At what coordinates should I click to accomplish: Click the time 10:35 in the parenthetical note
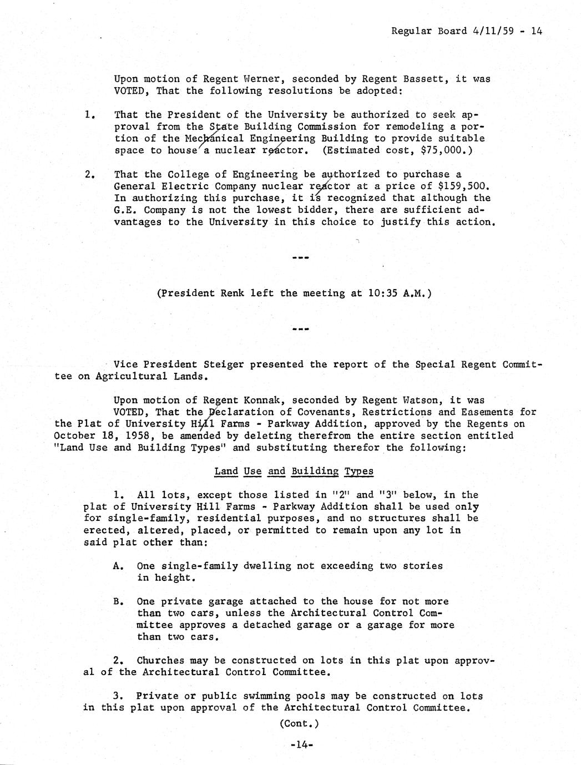coord(382,293)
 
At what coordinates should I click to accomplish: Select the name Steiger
coord(223,364)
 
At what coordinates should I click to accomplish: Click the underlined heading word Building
coord(315,472)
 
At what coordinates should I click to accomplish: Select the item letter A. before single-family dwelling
coord(118,566)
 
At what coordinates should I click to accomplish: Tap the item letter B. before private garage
coord(118,601)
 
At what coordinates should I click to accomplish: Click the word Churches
coord(160,661)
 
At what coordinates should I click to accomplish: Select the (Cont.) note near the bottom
coord(300,723)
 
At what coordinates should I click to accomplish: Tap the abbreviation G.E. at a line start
coord(126,210)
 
